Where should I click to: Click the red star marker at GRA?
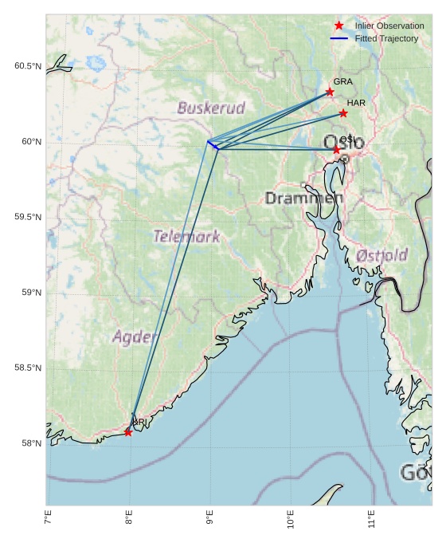click(330, 92)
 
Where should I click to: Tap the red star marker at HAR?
click(343, 113)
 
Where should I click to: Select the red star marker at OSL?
click(336, 150)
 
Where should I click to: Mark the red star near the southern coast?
click(128, 432)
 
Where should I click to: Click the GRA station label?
click(343, 81)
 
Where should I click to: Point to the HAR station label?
click(356, 103)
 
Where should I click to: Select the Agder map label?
click(134, 336)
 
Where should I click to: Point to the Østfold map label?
click(382, 255)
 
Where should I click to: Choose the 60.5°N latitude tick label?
click(27, 66)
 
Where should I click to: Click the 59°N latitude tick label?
click(30, 293)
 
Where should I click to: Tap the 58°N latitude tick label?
click(30, 443)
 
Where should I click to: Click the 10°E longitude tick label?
click(291, 523)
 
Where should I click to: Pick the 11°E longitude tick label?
click(372, 523)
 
